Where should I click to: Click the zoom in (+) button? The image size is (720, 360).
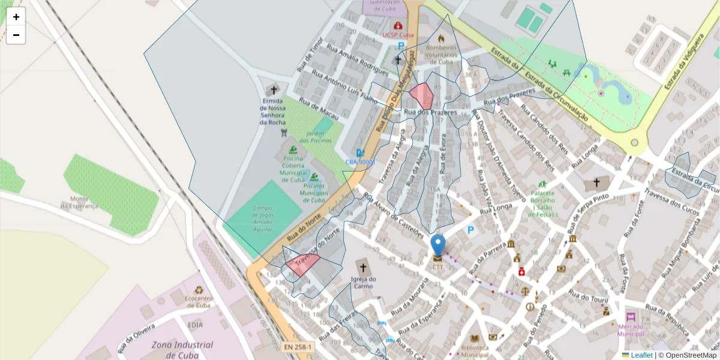tap(16, 17)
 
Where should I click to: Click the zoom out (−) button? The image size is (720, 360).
tap(16, 35)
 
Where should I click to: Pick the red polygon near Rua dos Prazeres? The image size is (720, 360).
tap(422, 95)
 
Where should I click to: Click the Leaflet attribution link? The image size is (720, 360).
tap(641, 355)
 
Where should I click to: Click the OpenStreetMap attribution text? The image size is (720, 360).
tap(687, 355)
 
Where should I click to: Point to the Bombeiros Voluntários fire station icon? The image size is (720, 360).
tap(442, 38)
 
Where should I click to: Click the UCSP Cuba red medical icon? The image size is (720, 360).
tap(398, 26)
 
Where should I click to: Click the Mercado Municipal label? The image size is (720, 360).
tap(630, 330)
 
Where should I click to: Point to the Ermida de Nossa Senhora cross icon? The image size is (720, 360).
tap(274, 89)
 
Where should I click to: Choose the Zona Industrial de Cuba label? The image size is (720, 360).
tap(182, 349)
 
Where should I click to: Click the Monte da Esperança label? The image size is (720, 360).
tap(79, 202)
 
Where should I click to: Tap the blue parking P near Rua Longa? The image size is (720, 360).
tap(471, 230)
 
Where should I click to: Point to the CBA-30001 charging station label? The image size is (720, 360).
tap(360, 162)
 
